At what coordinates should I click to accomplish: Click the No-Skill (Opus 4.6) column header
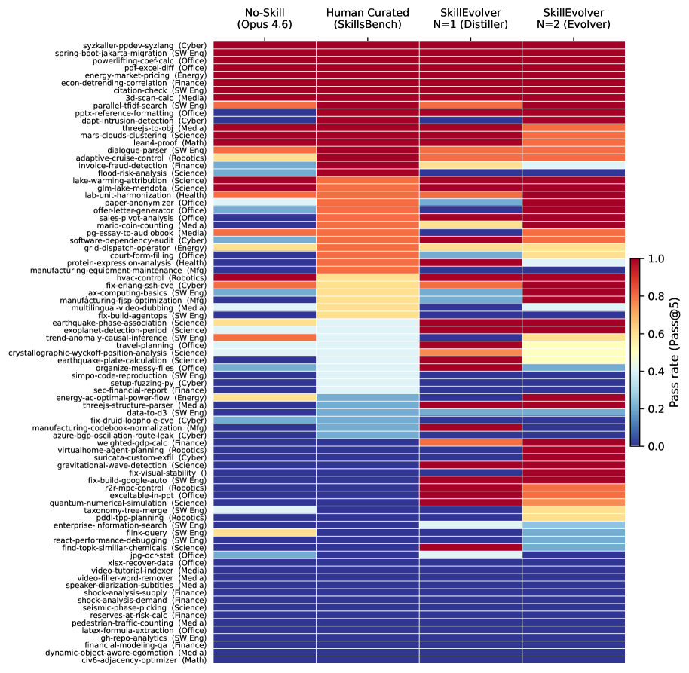click(x=265, y=18)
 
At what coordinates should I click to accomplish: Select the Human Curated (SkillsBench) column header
click(x=367, y=18)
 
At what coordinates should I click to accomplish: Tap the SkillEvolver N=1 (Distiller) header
click(x=470, y=18)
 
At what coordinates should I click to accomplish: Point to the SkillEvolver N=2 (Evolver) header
click(x=574, y=18)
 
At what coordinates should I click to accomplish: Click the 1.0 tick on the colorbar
click(x=656, y=258)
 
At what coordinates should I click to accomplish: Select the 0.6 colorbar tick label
click(x=656, y=334)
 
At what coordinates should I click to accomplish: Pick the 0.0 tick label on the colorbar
click(x=656, y=446)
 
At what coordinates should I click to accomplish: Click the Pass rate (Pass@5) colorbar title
click(x=675, y=353)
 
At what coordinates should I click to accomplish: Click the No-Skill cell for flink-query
click(x=265, y=533)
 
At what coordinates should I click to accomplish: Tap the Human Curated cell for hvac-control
click(x=367, y=277)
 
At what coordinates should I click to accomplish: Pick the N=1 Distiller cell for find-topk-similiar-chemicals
click(x=470, y=548)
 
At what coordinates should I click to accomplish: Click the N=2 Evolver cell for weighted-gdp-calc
click(x=574, y=443)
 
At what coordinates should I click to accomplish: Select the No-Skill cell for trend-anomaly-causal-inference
click(x=265, y=338)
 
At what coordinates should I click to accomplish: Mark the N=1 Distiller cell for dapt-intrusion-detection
click(x=470, y=121)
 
